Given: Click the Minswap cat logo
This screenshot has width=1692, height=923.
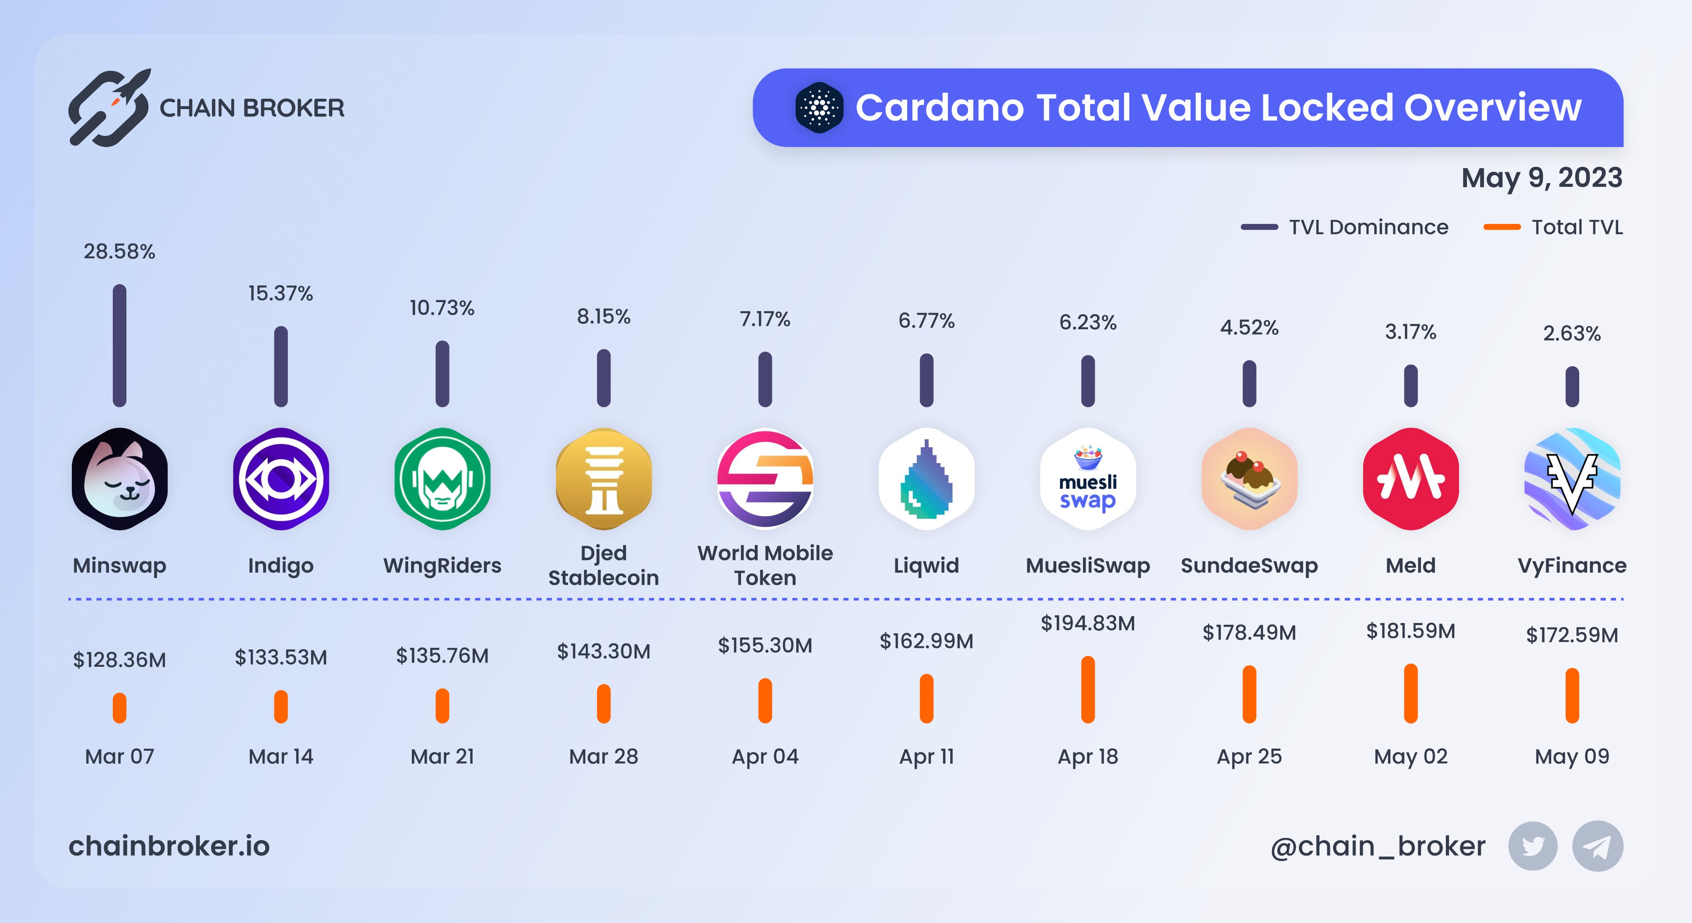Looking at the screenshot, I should (x=119, y=479).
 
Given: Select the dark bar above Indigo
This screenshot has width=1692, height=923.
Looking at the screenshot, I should (x=280, y=366).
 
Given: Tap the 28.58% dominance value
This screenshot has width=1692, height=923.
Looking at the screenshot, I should (x=119, y=252).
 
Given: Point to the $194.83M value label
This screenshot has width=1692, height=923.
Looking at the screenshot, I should (x=1088, y=623).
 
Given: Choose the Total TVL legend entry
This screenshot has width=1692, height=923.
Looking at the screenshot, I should (x=1553, y=227).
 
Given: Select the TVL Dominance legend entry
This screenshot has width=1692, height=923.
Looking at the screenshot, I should (x=1345, y=227).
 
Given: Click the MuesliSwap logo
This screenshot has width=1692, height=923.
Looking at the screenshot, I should (x=1088, y=479).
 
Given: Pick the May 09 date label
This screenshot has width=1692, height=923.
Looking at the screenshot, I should (x=1572, y=756).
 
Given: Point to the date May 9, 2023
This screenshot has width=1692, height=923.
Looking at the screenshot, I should (x=1542, y=177).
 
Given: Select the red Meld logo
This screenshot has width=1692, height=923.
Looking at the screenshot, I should (x=1410, y=479).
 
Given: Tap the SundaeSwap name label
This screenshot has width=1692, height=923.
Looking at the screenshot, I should (x=1249, y=566).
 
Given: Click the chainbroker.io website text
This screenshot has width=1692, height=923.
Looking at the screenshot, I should (x=169, y=846).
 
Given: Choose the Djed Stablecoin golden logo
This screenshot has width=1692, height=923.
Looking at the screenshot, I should (x=604, y=479).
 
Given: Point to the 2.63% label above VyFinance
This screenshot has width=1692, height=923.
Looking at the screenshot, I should (x=1572, y=334).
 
